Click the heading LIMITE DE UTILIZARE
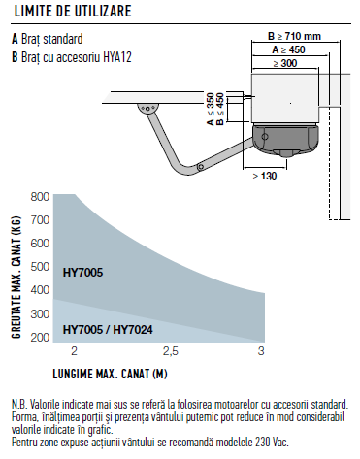pos(73,11)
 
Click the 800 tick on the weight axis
pos(40,197)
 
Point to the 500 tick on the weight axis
pos(40,267)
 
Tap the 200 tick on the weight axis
pos(40,337)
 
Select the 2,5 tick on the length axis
pos(171,351)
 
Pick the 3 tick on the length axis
pos(261,351)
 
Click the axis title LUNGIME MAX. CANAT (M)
pos(110,374)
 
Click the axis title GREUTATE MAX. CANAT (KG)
pos(16,277)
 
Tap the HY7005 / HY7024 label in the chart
pos(108,330)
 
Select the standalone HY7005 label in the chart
pos(82,273)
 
